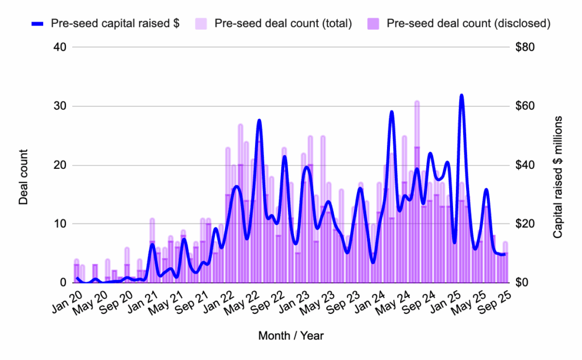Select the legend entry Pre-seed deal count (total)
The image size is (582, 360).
[283, 23]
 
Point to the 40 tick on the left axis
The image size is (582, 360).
[59, 47]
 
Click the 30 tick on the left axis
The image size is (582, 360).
[59, 106]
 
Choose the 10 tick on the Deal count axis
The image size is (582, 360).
[59, 224]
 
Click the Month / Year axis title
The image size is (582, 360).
[291, 336]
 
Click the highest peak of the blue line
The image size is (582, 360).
[461, 96]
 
